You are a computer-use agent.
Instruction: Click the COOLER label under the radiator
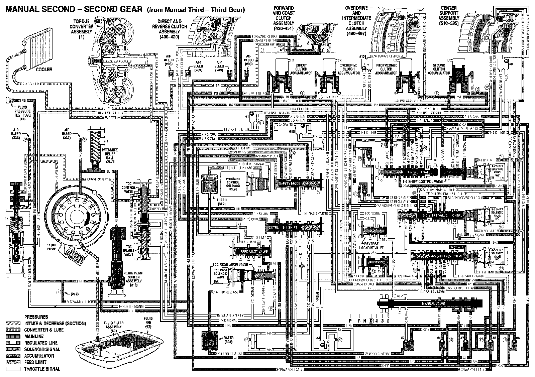click(45, 69)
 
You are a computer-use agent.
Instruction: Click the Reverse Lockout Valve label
click(370, 246)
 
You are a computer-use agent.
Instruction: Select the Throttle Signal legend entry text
click(42, 369)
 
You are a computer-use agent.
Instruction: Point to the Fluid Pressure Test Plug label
click(23, 112)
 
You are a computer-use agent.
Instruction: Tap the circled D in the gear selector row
click(371, 321)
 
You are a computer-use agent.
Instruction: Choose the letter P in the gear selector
click(350, 321)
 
